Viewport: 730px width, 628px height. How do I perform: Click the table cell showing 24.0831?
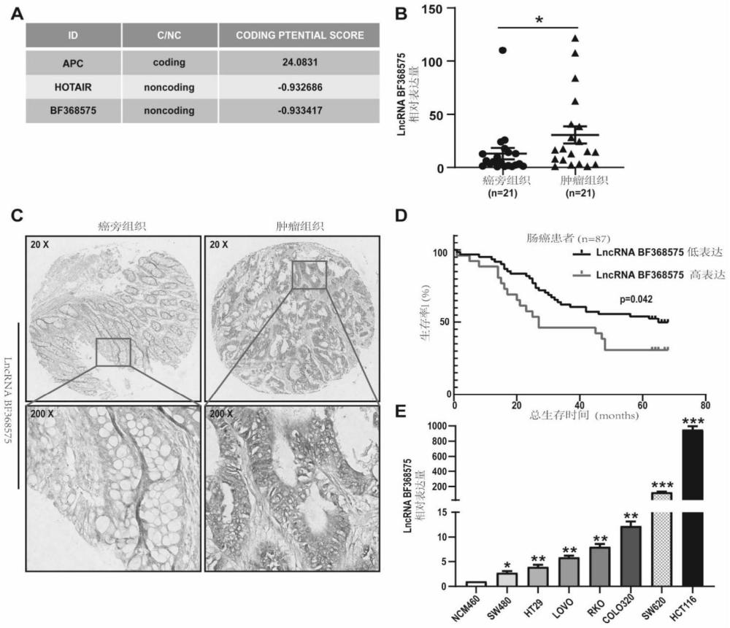301,62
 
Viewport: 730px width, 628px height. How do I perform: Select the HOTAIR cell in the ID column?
72,86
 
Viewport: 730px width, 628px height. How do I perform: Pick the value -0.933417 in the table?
301,111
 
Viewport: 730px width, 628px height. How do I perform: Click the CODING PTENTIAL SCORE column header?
301,35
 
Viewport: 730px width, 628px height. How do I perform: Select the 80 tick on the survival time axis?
704,406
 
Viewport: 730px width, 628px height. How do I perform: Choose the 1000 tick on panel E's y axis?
439,426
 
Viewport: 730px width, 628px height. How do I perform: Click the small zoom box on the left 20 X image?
113,352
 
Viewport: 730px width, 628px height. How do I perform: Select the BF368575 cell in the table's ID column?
72,111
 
